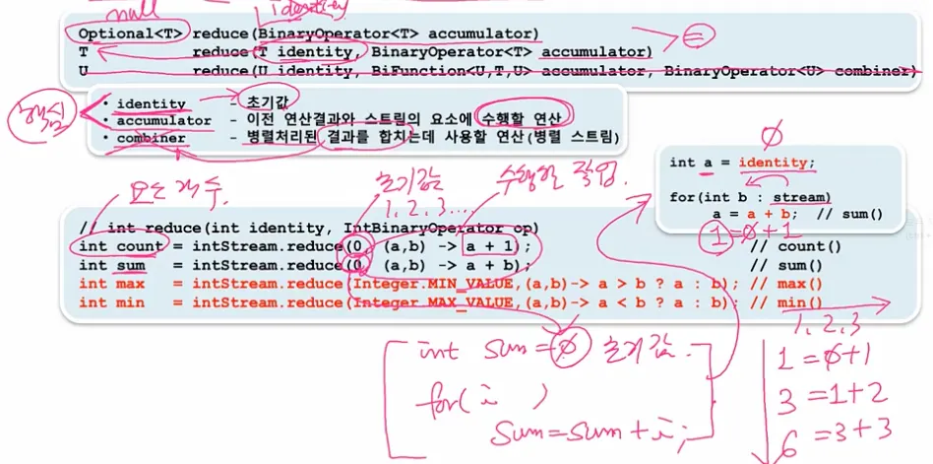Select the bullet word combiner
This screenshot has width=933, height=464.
[152, 138]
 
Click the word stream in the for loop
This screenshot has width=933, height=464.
[796, 196]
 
